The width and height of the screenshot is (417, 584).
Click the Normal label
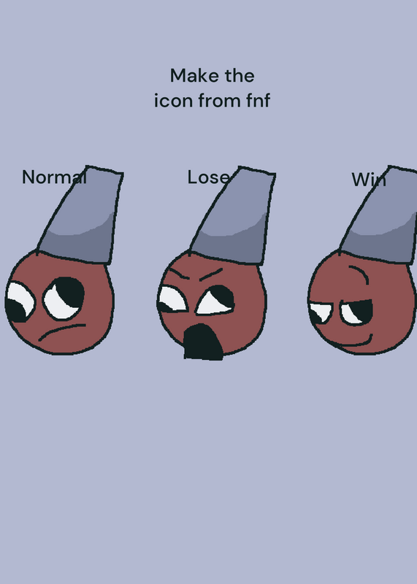[x=55, y=177]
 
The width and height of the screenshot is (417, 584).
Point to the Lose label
[x=209, y=177]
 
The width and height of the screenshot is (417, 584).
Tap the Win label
[x=369, y=180]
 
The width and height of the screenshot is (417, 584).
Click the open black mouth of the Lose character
[x=203, y=342]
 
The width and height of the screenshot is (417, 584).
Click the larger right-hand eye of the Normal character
[x=64, y=298]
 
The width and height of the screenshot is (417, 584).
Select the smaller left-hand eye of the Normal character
[x=20, y=302]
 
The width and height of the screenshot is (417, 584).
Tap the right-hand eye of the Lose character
[x=215, y=300]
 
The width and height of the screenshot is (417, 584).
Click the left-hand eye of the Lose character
[x=172, y=299]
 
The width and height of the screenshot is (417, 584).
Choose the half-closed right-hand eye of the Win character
[x=356, y=312]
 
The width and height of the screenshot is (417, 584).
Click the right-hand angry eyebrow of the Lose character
[x=211, y=274]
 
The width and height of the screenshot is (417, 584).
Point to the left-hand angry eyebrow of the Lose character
[x=180, y=273]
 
